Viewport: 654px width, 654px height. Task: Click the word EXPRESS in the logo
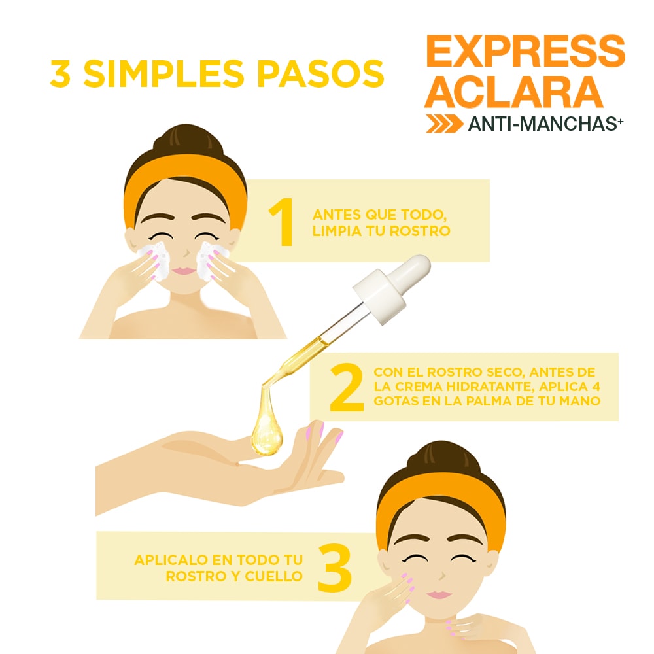coord(526,51)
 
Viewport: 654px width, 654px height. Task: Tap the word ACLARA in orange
coord(514,92)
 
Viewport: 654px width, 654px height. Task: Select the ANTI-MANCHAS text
coord(545,124)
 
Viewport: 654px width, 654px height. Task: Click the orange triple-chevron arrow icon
coord(445,124)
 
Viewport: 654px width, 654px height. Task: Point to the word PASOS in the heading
coord(320,74)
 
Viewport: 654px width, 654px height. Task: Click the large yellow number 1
coord(282,222)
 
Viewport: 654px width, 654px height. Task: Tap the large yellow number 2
coord(346,387)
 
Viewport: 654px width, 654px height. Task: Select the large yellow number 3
coord(334,568)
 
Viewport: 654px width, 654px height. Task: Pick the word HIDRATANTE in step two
coord(490,387)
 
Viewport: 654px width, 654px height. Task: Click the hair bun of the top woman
coord(187,139)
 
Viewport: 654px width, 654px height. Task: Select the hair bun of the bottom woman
coord(443,456)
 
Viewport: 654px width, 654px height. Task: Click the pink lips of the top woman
coord(184,271)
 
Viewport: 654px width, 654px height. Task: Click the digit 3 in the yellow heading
coord(60,74)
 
